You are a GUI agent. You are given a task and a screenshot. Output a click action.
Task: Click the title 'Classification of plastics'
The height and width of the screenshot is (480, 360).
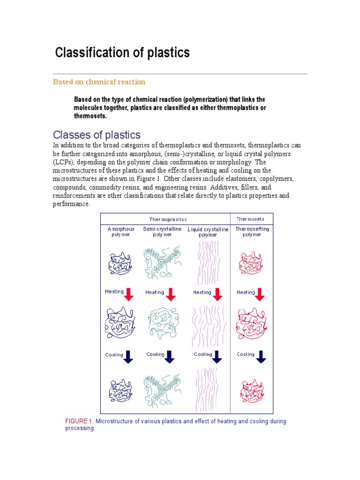pos(122,52)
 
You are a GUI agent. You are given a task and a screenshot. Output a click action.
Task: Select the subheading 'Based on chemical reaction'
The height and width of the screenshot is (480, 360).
pos(99,82)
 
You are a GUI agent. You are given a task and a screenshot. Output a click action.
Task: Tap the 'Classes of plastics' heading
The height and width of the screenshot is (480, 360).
pos(97,135)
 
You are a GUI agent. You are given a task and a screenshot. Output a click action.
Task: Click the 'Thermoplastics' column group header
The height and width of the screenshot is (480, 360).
pos(168,219)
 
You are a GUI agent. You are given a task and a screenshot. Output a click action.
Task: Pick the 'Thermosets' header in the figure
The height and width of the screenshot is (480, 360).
pos(250,219)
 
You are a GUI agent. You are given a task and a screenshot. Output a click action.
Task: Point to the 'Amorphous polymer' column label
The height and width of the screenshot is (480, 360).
pos(121,232)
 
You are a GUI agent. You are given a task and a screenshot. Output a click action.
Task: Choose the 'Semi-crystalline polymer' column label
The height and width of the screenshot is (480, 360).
pos(162,232)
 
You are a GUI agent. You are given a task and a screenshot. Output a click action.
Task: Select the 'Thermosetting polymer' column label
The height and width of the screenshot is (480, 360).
pos(252,232)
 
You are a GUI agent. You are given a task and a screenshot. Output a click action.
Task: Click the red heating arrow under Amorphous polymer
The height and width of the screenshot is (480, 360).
pos(130,294)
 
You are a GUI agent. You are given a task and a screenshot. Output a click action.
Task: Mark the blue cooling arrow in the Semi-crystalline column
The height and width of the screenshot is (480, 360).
pos(170,356)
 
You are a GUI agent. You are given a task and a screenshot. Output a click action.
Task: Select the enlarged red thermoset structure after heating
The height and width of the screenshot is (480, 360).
pos(252,323)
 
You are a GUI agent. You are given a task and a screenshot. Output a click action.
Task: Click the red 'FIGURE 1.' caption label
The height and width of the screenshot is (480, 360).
pos(79,421)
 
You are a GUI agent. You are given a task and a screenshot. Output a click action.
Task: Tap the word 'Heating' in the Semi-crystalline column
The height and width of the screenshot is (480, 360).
pos(155,292)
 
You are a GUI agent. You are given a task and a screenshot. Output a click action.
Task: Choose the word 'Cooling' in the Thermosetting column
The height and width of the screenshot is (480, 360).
pos(246,354)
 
